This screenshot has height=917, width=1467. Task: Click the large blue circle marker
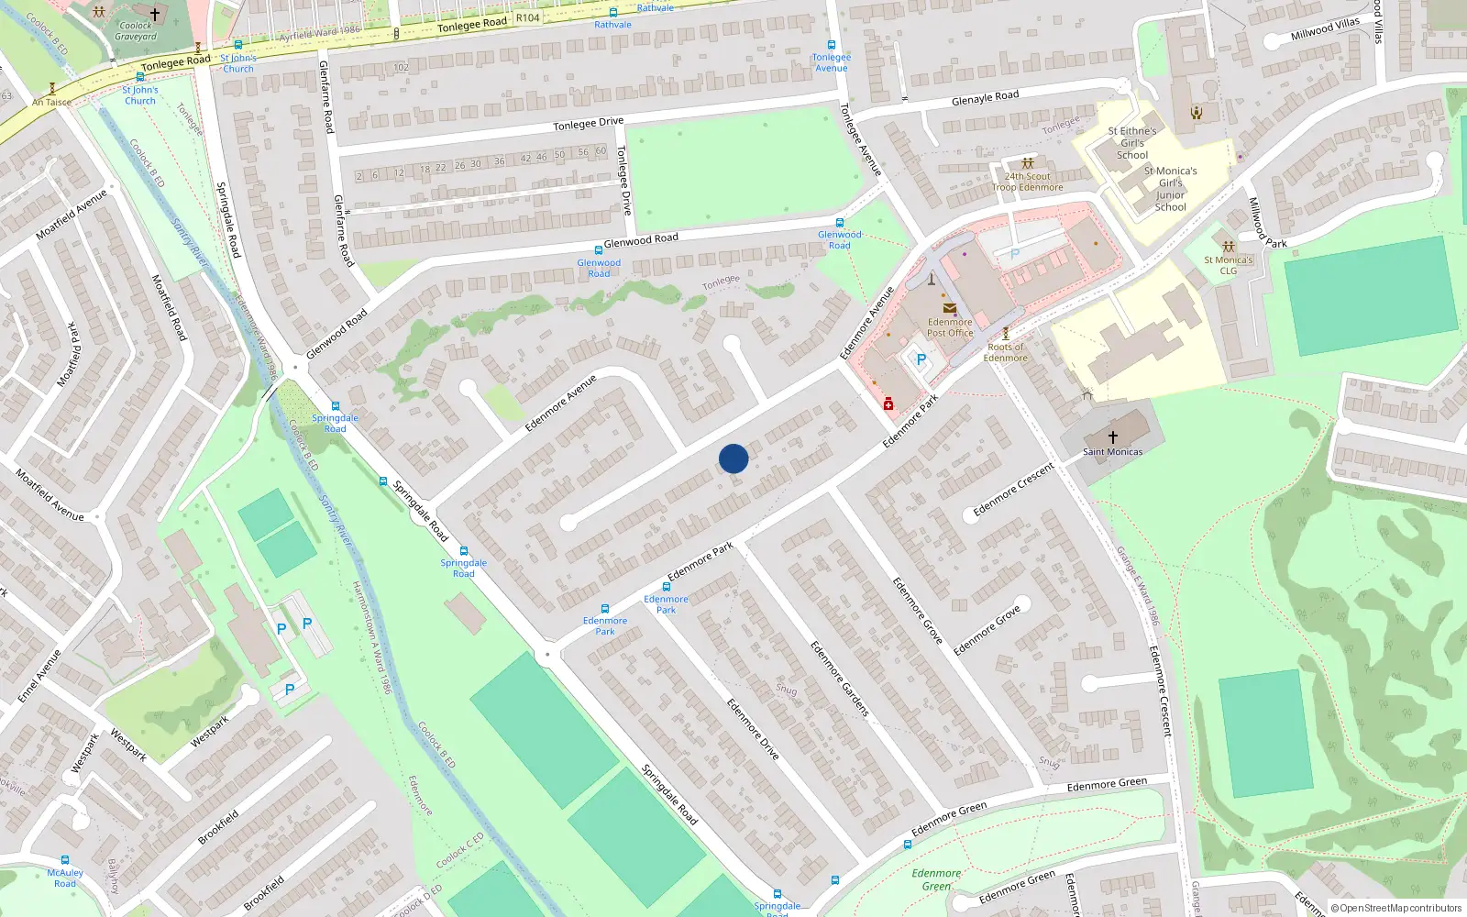(x=733, y=458)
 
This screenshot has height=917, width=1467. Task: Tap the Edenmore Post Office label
(x=950, y=327)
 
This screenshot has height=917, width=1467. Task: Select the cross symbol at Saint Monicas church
(x=1113, y=437)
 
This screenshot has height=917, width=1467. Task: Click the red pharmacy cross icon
(x=888, y=404)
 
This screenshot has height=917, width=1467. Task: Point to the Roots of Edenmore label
(x=1005, y=352)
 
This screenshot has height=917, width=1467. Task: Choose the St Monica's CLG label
(x=1228, y=265)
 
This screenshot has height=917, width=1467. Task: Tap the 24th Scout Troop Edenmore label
(x=1027, y=182)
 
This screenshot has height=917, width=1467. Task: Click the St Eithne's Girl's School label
(x=1132, y=143)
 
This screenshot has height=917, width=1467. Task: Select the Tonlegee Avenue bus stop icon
(x=832, y=45)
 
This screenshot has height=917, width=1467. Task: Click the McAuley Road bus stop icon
(x=65, y=861)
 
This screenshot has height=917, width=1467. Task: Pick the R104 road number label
(x=527, y=17)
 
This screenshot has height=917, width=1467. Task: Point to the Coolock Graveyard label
(x=136, y=31)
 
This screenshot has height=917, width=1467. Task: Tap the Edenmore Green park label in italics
(x=936, y=879)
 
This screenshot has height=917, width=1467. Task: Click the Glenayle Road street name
(x=985, y=98)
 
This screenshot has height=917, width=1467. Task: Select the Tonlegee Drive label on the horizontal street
(x=588, y=124)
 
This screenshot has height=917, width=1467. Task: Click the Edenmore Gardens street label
(x=839, y=679)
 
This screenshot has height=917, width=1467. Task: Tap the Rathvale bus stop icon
(x=612, y=13)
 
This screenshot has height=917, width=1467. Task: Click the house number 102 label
(x=401, y=67)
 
